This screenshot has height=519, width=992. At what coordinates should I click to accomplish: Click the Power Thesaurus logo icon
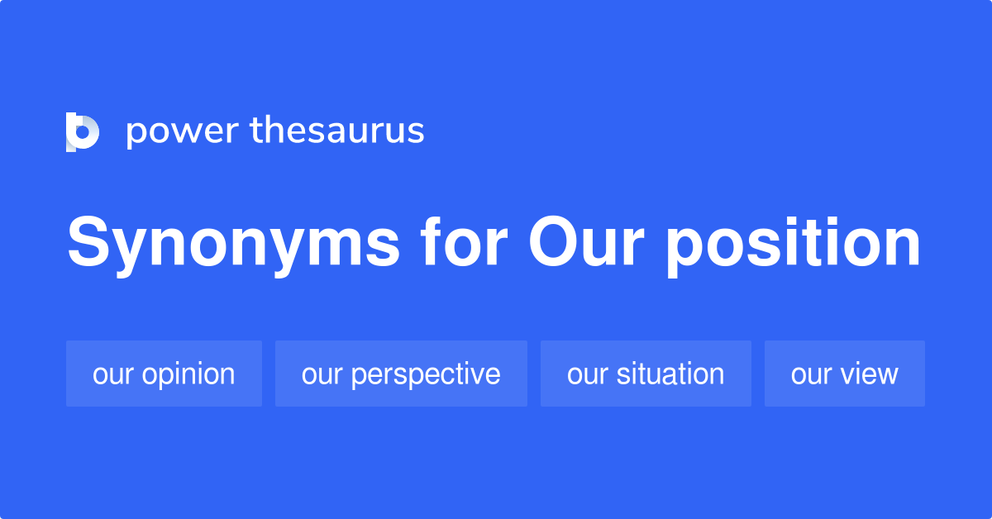(83, 131)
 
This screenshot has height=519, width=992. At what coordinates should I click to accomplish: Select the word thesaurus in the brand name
(337, 131)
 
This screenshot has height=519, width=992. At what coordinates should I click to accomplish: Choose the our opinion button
(164, 374)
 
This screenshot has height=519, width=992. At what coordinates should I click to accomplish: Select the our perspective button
(401, 374)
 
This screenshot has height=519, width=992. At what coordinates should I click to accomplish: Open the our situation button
(646, 374)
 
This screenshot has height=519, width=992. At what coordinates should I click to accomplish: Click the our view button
(844, 374)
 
